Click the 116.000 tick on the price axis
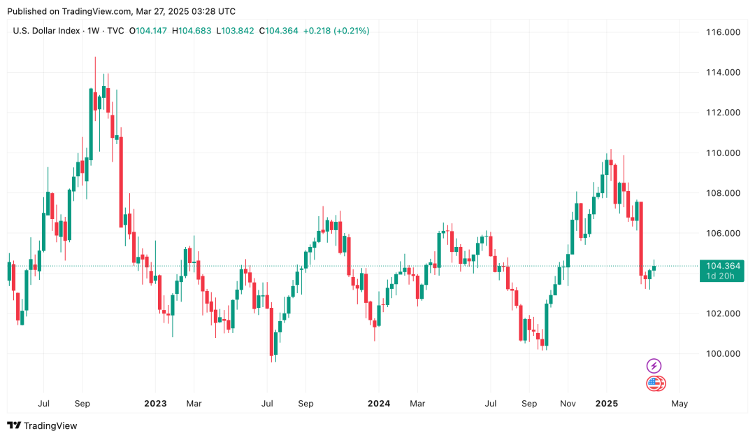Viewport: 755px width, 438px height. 723,32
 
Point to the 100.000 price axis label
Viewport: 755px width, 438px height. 723,353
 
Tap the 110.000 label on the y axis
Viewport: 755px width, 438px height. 723,153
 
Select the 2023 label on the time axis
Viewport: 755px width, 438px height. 155,404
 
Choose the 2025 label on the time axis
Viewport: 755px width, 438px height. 606,404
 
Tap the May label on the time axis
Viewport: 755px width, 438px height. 679,404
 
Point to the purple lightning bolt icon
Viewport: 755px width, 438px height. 654,366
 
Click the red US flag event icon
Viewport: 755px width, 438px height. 655,383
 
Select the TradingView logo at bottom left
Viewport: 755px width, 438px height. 42,425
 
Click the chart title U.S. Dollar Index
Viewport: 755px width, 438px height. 46,31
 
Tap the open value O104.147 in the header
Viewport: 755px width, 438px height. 148,31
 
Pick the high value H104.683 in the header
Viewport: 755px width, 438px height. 192,31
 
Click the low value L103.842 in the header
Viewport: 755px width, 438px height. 236,31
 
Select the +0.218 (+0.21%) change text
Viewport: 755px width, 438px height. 336,31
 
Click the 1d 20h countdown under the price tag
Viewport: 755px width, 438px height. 720,276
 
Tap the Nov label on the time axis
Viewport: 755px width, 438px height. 568,404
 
